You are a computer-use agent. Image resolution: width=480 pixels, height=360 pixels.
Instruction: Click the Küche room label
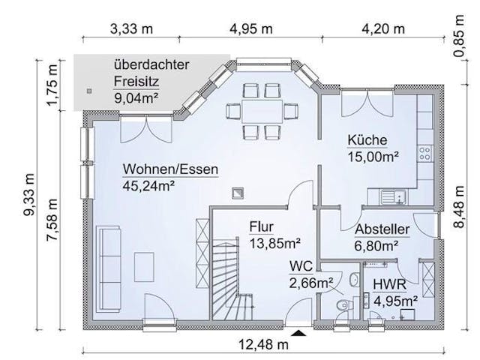tap(367, 140)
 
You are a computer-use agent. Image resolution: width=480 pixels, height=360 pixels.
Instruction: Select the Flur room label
tap(261, 226)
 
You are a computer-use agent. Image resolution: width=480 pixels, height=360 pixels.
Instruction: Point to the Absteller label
tap(382, 229)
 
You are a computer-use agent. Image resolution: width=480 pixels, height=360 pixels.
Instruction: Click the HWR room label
tap(389, 284)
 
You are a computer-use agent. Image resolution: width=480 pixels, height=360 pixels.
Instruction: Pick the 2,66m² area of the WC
tap(311, 283)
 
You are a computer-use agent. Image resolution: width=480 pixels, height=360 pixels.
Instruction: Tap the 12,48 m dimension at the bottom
tap(263, 345)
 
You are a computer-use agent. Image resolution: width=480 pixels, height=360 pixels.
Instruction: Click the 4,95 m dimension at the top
tap(251, 29)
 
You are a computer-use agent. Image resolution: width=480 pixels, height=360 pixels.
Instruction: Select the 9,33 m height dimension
tap(29, 194)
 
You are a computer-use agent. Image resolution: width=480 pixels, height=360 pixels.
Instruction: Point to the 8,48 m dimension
tap(459, 207)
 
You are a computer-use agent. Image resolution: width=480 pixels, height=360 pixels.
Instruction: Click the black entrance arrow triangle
tap(298, 333)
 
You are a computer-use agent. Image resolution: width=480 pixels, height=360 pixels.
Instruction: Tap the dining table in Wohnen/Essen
tap(262, 111)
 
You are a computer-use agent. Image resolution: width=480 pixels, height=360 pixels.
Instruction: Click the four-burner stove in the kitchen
tap(425, 154)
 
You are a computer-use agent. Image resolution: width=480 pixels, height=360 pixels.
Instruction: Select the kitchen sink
tap(393, 196)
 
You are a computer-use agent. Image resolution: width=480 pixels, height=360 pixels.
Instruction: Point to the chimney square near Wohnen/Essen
tap(238, 193)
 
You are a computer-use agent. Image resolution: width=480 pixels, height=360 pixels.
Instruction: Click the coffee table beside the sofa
tap(144, 267)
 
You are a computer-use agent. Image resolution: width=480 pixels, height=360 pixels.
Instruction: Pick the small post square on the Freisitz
tap(89, 91)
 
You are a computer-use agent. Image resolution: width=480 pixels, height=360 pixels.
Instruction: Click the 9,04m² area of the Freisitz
tap(136, 98)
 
